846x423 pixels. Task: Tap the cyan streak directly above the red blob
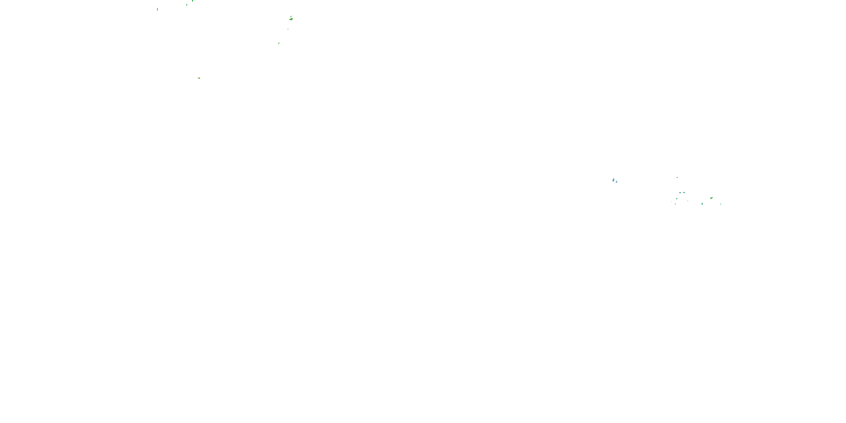291,16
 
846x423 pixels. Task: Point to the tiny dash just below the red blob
288,29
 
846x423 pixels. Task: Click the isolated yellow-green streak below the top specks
199,78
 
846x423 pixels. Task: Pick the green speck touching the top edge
192,1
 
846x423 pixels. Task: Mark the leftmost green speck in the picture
157,9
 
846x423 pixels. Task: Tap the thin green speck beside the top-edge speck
186,5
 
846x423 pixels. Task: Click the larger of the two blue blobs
613,180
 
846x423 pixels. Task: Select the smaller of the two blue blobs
616,182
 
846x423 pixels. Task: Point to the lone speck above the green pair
677,177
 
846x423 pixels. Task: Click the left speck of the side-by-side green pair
680,193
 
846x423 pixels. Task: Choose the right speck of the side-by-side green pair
684,192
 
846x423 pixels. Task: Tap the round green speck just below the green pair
677,199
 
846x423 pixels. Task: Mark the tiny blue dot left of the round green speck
672,201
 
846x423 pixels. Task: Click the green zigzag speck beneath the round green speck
675,204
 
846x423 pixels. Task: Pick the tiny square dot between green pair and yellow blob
688,201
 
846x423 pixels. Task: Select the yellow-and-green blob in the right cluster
711,198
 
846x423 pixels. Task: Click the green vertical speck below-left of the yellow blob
702,204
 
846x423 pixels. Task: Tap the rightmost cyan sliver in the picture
721,204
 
